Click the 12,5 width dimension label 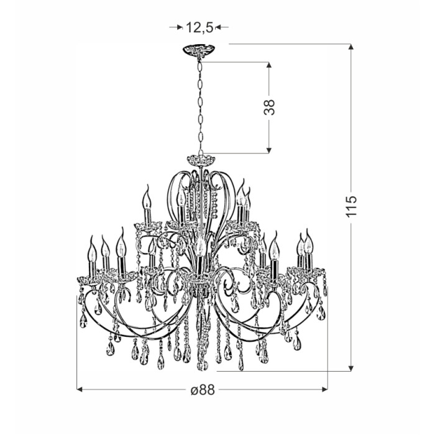pyautogui.click(x=199, y=27)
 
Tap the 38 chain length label pyautogui.click(x=269, y=107)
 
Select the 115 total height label pyautogui.click(x=350, y=206)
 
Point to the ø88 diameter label pyautogui.click(x=203, y=390)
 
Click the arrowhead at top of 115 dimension pyautogui.click(x=351, y=47)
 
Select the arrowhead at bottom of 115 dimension pyautogui.click(x=351, y=368)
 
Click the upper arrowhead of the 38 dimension pyautogui.click(x=268, y=65)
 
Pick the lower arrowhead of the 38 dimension pyautogui.click(x=268, y=150)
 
